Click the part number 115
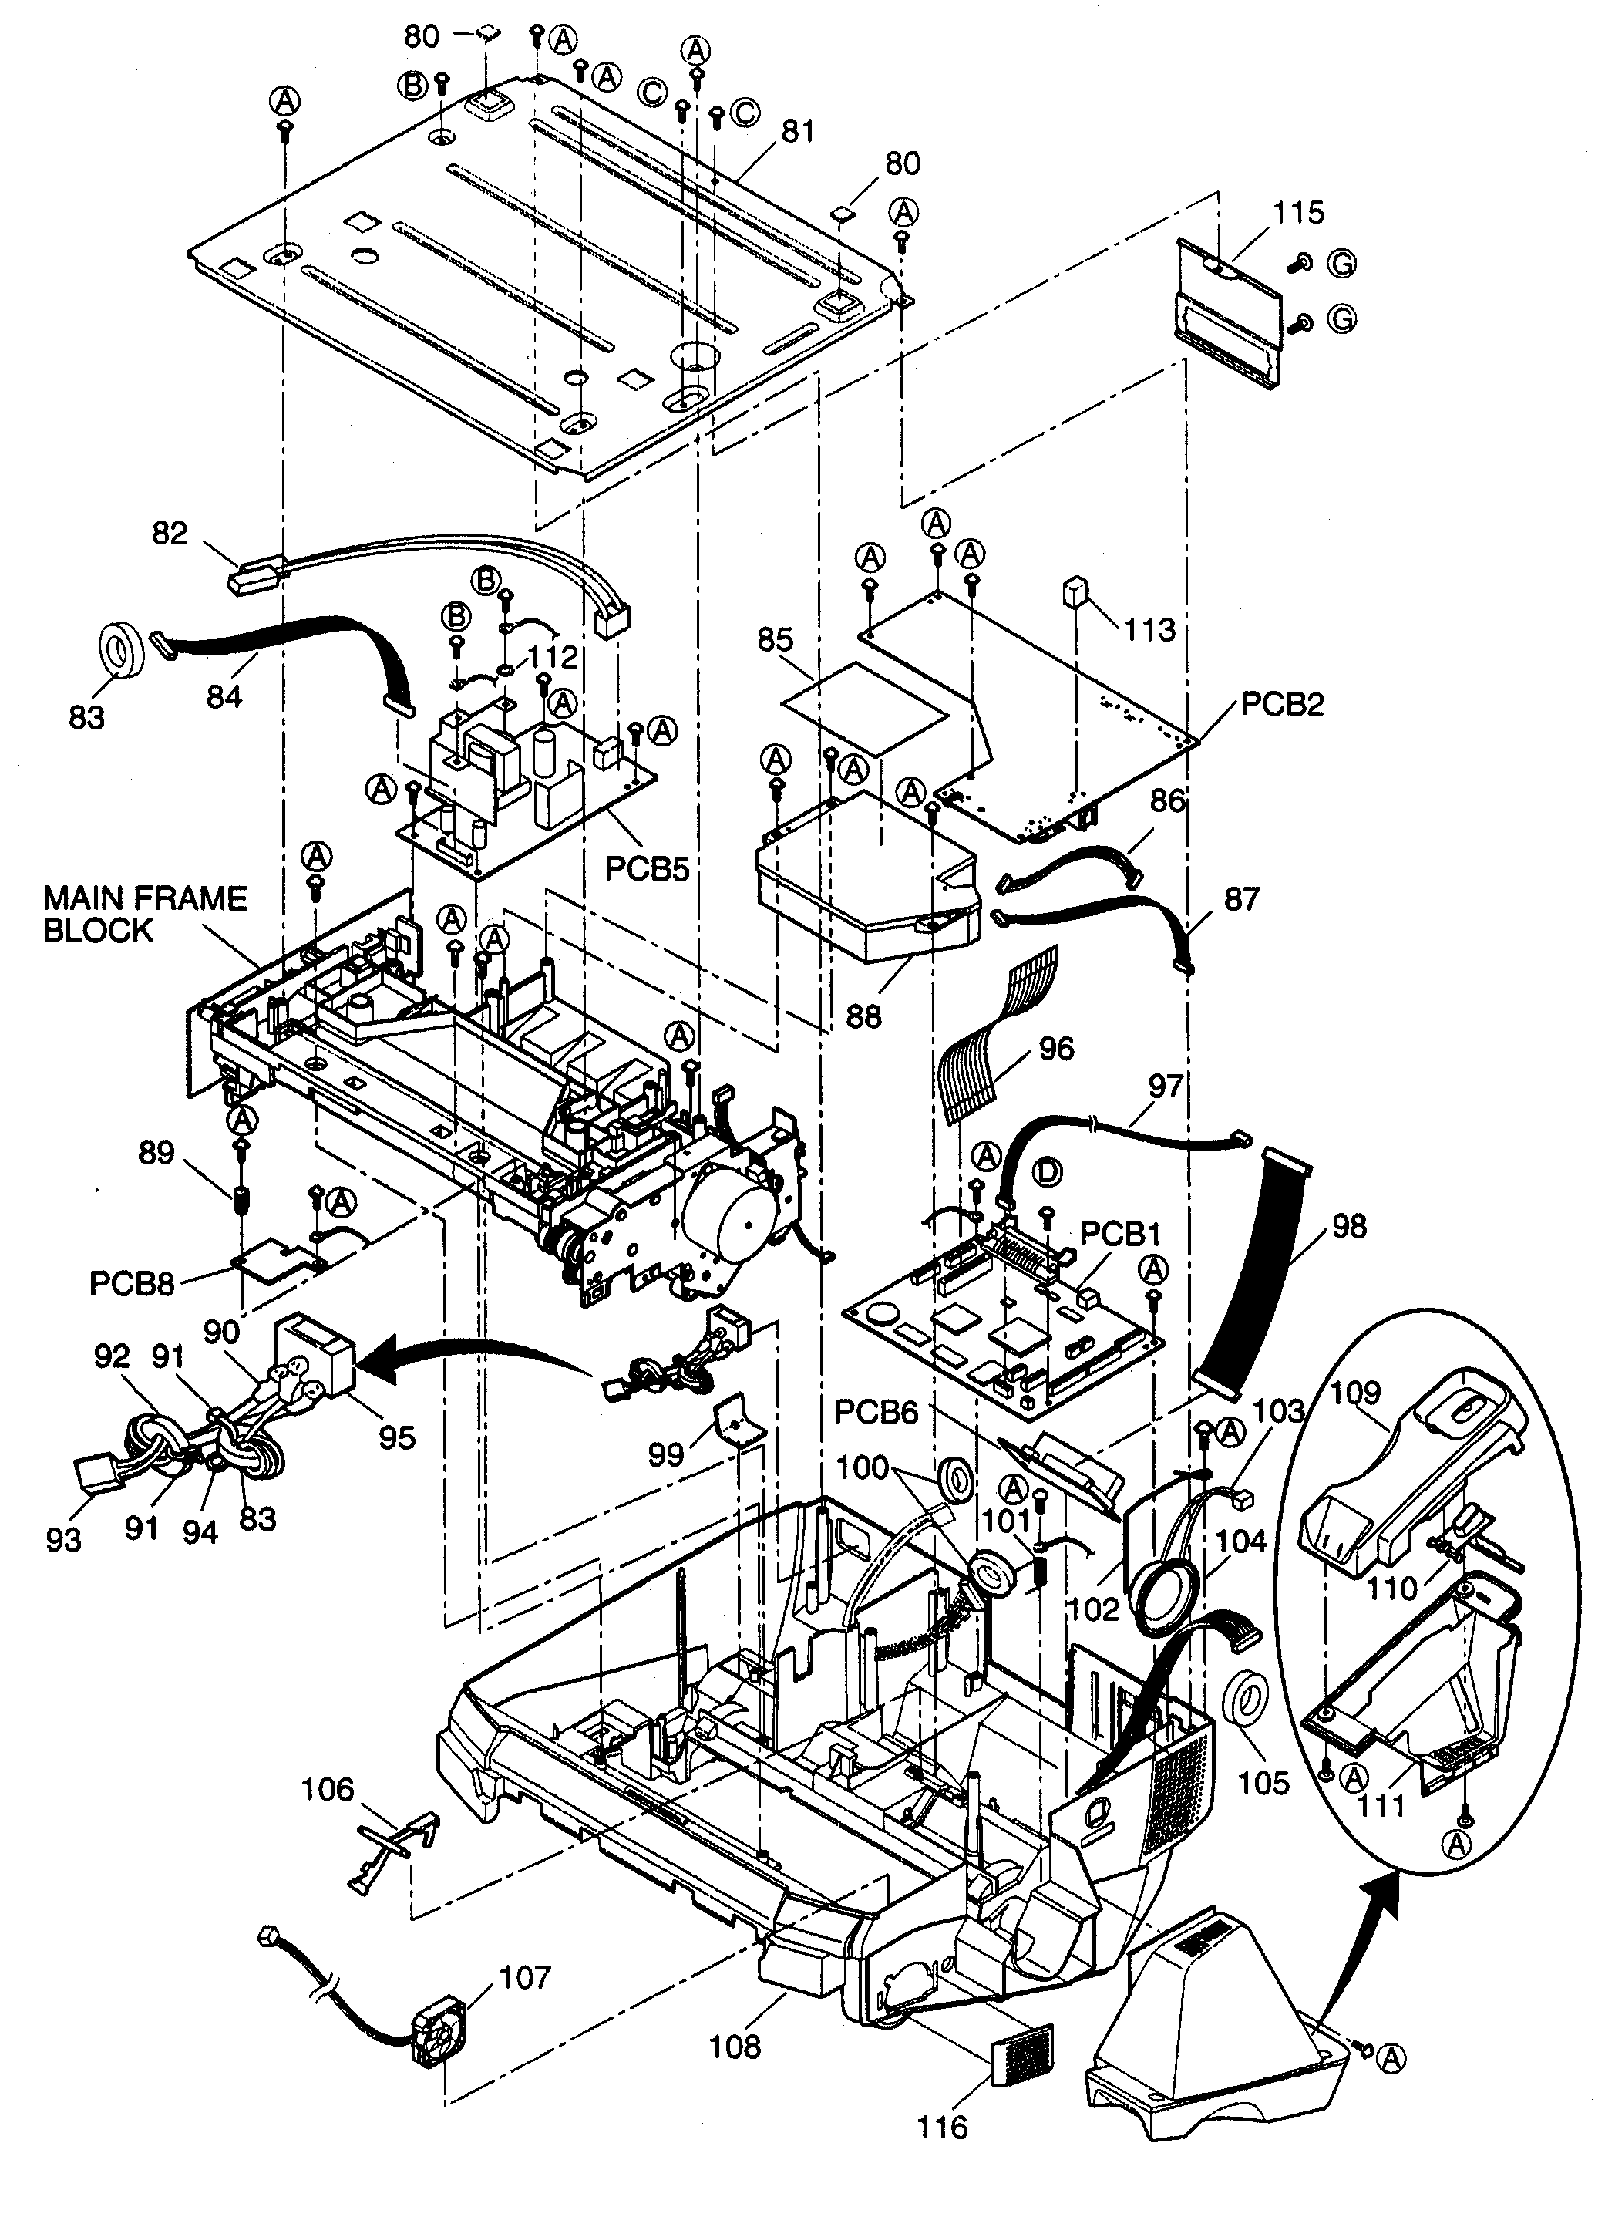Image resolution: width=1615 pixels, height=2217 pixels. click(x=1298, y=213)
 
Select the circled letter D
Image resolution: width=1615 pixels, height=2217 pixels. click(x=1047, y=1171)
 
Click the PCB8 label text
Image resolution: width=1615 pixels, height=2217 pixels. click(x=132, y=1283)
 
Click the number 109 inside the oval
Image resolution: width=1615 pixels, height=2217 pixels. click(x=1356, y=1393)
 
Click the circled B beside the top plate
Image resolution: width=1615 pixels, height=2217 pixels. click(x=412, y=86)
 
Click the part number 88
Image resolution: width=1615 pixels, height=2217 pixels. click(x=863, y=1017)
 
